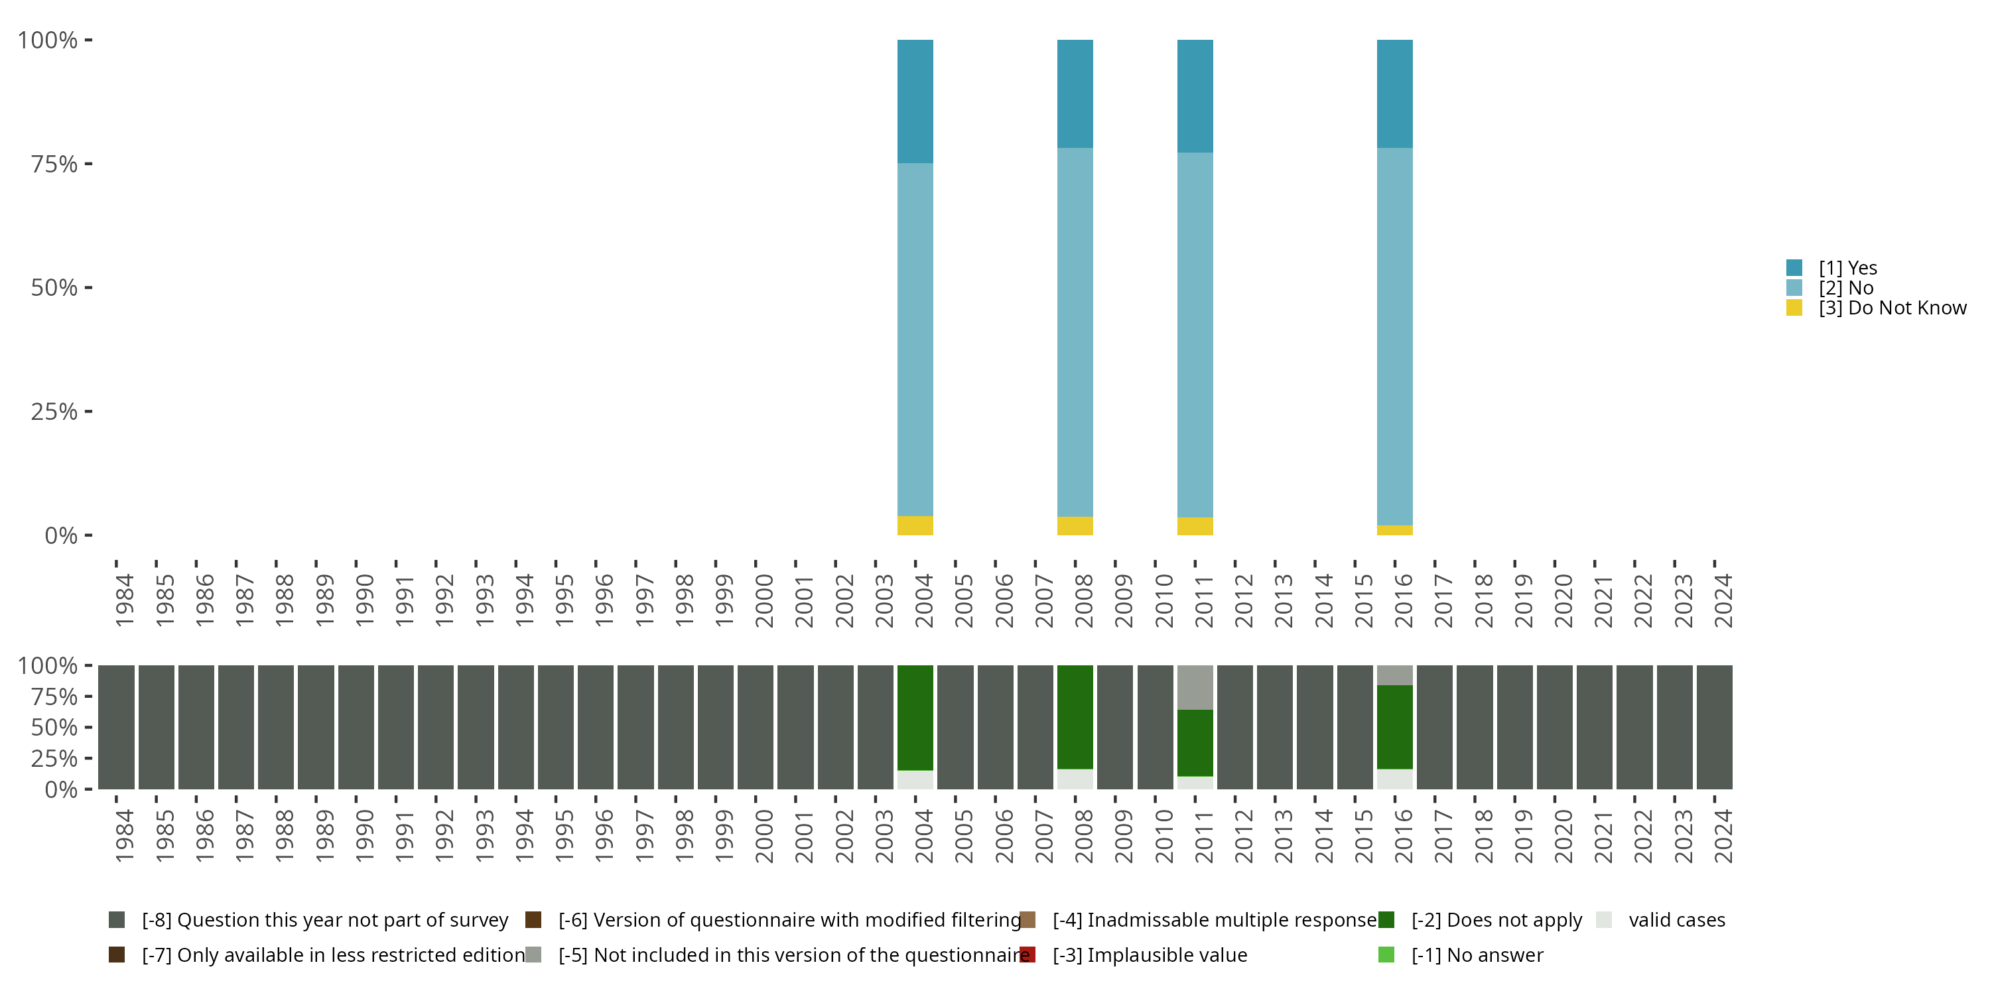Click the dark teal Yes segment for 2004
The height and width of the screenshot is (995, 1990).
(915, 101)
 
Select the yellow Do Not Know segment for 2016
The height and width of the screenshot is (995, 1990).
(1394, 530)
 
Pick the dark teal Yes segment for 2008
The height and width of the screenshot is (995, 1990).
(1075, 94)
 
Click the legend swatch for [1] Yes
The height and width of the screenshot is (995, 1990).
(1794, 268)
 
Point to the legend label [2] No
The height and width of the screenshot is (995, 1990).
(1845, 288)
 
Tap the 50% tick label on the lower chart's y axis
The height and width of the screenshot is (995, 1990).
(54, 728)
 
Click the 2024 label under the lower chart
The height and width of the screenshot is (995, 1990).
(1723, 836)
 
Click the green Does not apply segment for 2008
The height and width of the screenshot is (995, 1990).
(1075, 717)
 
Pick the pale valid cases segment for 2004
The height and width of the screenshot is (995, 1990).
(915, 779)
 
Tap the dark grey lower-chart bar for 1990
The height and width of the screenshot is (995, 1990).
(356, 727)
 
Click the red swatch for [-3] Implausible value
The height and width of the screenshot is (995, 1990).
(1028, 955)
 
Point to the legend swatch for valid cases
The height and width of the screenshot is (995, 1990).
(1604, 920)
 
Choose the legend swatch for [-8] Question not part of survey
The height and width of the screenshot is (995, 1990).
(117, 920)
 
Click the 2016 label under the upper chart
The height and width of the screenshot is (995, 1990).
(1403, 600)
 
